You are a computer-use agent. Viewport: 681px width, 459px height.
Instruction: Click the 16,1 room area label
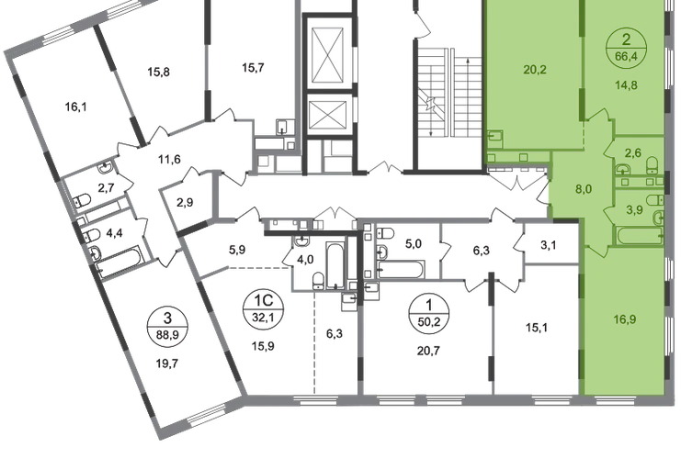[75, 106]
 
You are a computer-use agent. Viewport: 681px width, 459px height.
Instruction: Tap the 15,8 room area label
[158, 72]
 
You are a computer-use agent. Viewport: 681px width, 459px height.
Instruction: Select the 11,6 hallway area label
[169, 160]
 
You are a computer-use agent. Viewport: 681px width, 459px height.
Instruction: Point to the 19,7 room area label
[167, 364]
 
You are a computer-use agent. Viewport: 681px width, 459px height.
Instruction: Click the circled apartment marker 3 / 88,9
[167, 325]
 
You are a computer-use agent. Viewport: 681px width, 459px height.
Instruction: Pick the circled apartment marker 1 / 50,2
[428, 312]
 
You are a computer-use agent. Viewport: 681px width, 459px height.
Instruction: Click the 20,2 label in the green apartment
[535, 70]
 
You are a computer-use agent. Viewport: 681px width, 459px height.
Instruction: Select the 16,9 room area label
[625, 319]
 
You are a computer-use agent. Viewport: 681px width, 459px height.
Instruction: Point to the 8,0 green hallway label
[583, 189]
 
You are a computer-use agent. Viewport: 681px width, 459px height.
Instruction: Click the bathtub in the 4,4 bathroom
[119, 262]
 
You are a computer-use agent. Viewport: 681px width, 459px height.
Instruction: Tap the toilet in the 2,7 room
[82, 200]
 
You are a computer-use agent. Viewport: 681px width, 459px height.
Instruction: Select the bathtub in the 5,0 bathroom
[401, 269]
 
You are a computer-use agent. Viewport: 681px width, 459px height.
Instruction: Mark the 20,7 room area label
[428, 351]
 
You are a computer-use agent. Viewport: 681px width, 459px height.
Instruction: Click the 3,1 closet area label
[548, 245]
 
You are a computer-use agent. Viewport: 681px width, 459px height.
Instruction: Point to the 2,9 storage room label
[185, 203]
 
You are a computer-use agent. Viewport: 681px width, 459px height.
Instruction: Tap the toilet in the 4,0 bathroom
[318, 280]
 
